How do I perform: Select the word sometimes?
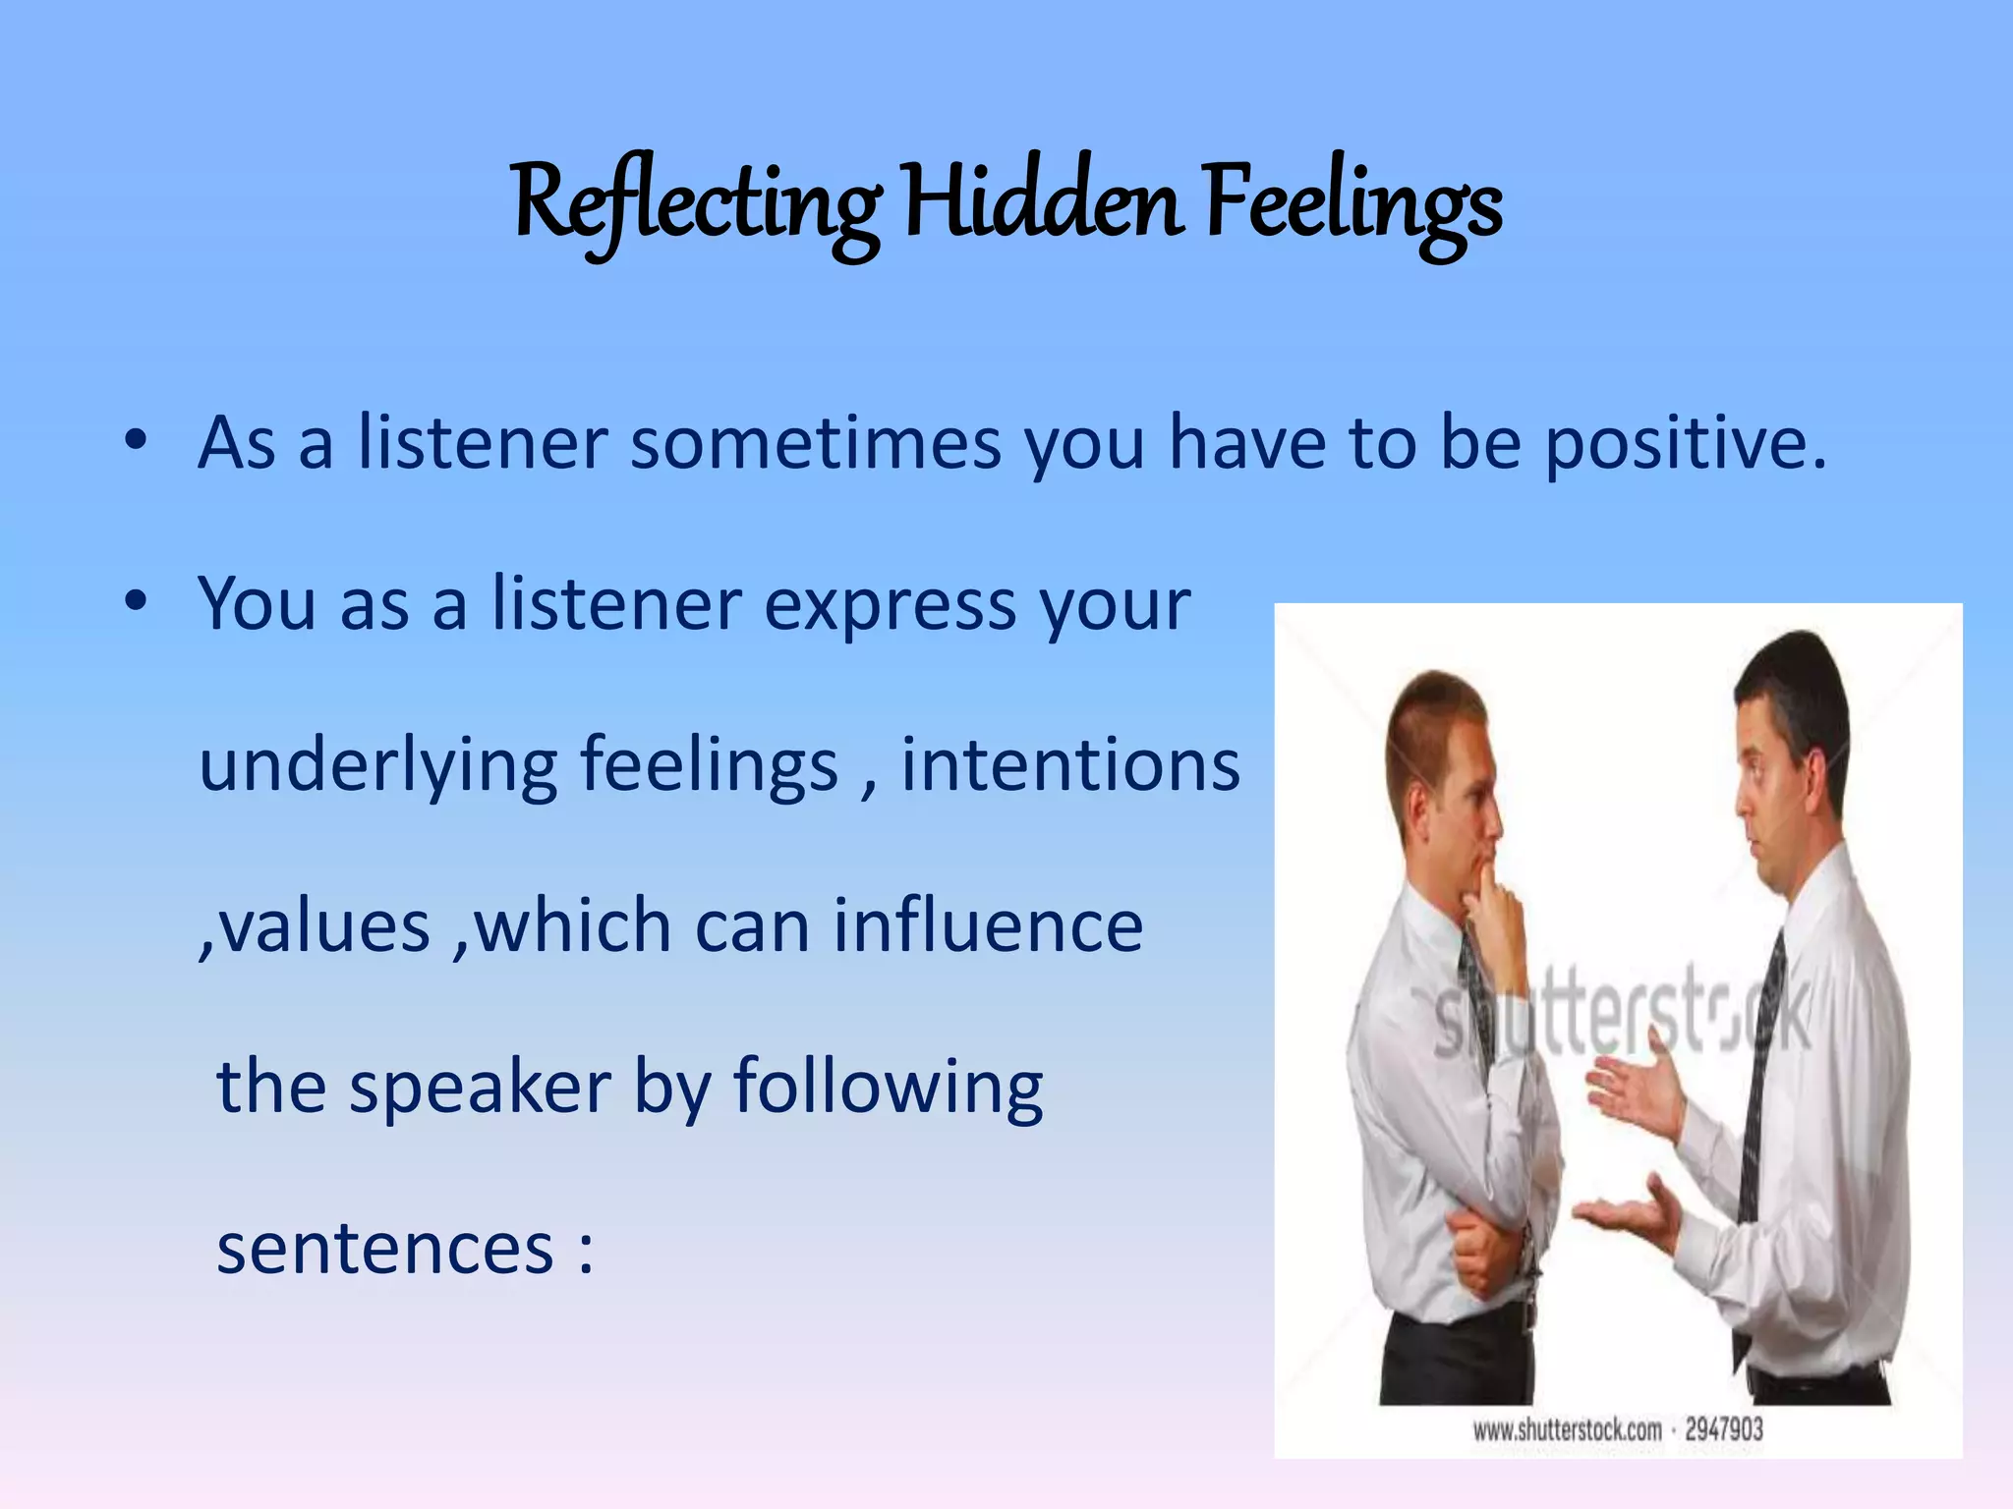[815, 444]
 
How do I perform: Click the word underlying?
[378, 766]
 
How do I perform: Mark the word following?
[889, 1089]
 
